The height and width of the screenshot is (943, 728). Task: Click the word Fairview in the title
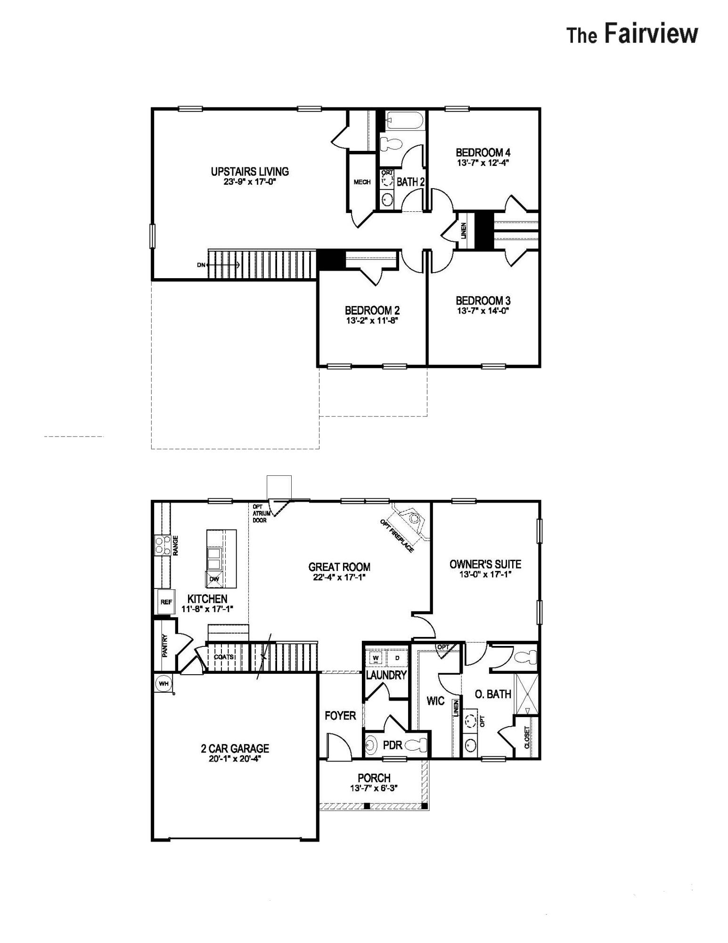pos(651,34)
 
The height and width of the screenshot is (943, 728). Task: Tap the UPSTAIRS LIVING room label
pos(250,172)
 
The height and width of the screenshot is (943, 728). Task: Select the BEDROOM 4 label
pos(483,153)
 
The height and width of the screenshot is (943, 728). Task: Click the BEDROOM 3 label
pos(483,301)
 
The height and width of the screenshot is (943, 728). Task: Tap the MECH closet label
pos(362,182)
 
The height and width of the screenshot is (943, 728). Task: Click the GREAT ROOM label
pos(339,567)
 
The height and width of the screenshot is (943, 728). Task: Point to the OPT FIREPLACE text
pos(397,536)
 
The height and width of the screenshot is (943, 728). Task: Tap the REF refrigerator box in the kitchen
pos(166,602)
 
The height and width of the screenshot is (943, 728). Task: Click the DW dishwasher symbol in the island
pos(214,579)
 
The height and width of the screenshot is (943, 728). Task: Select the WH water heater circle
pos(163,683)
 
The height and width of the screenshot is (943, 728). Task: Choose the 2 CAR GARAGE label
pos(235,748)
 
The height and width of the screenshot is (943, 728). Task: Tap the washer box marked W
pos(376,658)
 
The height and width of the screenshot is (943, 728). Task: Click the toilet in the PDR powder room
pos(417,744)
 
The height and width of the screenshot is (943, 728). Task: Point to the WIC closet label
pos(435,701)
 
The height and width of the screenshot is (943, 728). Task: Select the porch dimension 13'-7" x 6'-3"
pos(374,788)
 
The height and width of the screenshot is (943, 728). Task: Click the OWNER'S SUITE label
pos(485,564)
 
